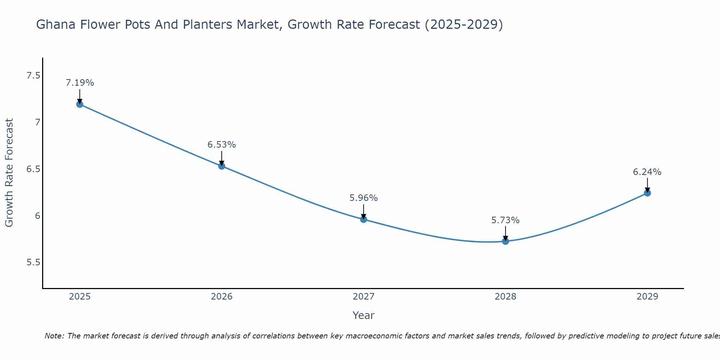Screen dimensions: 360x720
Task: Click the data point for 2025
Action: [80, 104]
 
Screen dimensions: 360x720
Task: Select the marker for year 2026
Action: [222, 166]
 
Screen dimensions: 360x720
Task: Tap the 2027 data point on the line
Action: [364, 219]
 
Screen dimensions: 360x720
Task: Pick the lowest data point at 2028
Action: [505, 241]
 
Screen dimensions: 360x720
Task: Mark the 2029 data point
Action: [647, 193]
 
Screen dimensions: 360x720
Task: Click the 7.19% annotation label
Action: [80, 83]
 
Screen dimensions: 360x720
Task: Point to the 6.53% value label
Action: [222, 145]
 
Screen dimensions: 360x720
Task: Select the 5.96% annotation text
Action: [364, 198]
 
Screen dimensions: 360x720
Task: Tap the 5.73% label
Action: [505, 220]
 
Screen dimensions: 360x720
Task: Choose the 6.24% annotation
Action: [647, 172]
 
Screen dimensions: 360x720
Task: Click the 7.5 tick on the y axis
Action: [33, 76]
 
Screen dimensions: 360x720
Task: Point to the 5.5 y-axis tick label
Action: [33, 262]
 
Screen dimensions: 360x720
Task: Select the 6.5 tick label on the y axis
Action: [33, 169]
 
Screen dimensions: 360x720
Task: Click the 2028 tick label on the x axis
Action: [505, 297]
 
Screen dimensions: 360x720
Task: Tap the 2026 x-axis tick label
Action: [222, 297]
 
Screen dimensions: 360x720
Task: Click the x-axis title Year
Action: [364, 315]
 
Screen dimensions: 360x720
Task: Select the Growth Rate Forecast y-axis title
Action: [9, 173]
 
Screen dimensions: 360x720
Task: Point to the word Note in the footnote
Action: [54, 336]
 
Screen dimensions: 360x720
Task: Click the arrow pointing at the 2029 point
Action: [647, 185]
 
